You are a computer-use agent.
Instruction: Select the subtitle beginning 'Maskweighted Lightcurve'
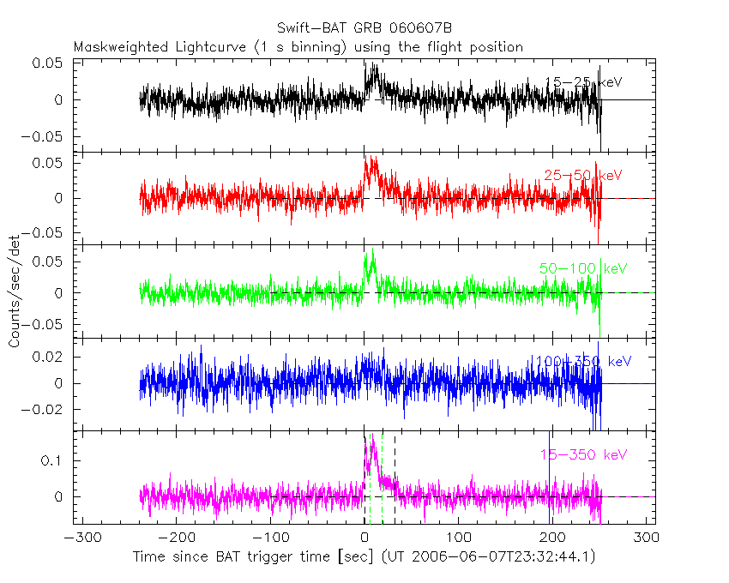click(x=298, y=47)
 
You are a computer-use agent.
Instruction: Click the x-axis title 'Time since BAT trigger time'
click(x=254, y=556)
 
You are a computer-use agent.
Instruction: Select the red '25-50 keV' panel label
click(x=582, y=176)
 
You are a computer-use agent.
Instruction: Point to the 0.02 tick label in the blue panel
click(x=51, y=357)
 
